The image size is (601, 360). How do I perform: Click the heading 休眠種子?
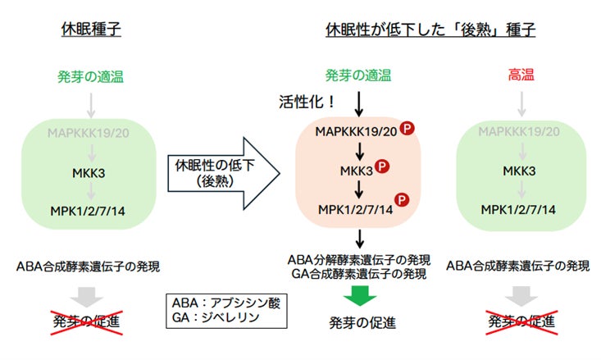91,30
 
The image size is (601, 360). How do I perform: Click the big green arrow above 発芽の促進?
358,294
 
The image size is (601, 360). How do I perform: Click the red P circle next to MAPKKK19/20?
407,128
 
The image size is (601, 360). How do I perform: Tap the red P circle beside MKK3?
383,167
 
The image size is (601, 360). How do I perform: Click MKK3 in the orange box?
357,170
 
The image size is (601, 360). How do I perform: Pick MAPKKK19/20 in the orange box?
357,131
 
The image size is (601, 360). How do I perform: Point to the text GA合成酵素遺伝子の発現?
358,274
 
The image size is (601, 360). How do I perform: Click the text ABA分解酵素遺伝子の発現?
358,259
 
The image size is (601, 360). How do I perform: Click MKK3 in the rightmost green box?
519,171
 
